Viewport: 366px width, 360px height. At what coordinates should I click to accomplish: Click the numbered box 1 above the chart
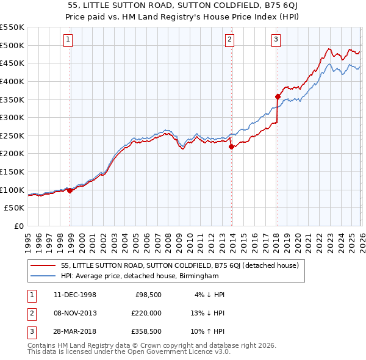[67, 40]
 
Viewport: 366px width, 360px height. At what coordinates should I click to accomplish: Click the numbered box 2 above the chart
[229, 40]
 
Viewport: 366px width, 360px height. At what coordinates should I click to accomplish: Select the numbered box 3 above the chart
[276, 40]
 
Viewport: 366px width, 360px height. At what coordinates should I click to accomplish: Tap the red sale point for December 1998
[70, 190]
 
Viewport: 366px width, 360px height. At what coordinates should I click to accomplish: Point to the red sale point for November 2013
[231, 146]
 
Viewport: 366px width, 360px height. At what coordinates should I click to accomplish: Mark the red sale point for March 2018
[278, 96]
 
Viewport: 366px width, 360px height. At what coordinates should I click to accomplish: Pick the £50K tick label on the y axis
[14, 208]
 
